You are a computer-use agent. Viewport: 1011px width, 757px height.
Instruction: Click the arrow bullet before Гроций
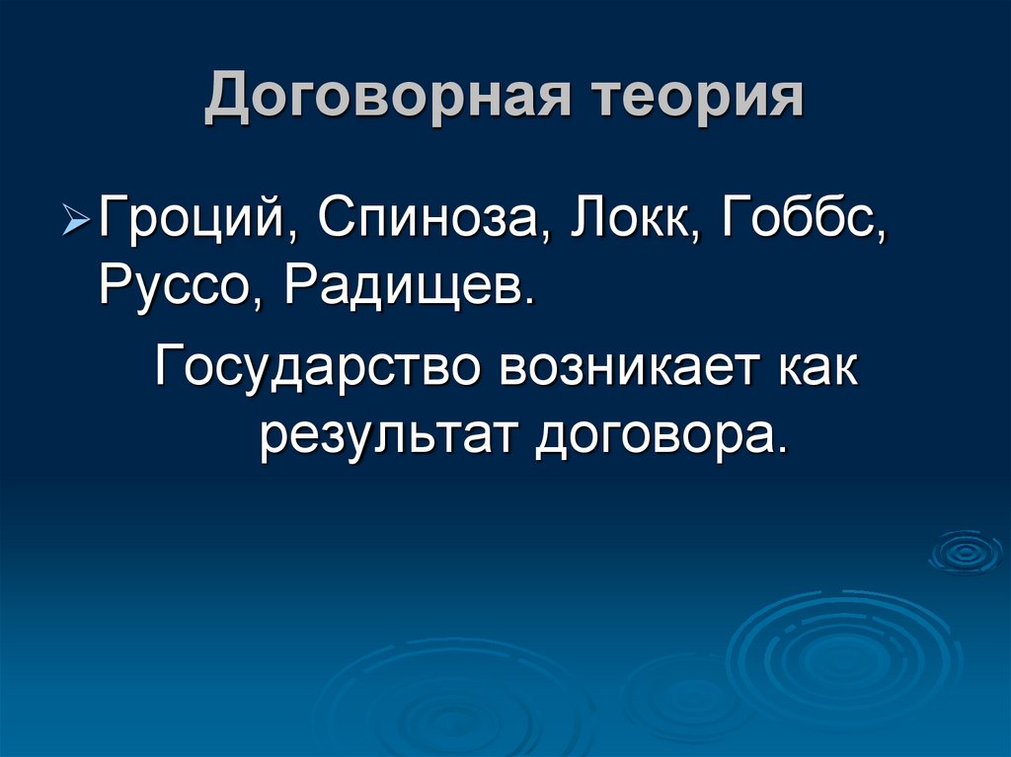click(x=81, y=214)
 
